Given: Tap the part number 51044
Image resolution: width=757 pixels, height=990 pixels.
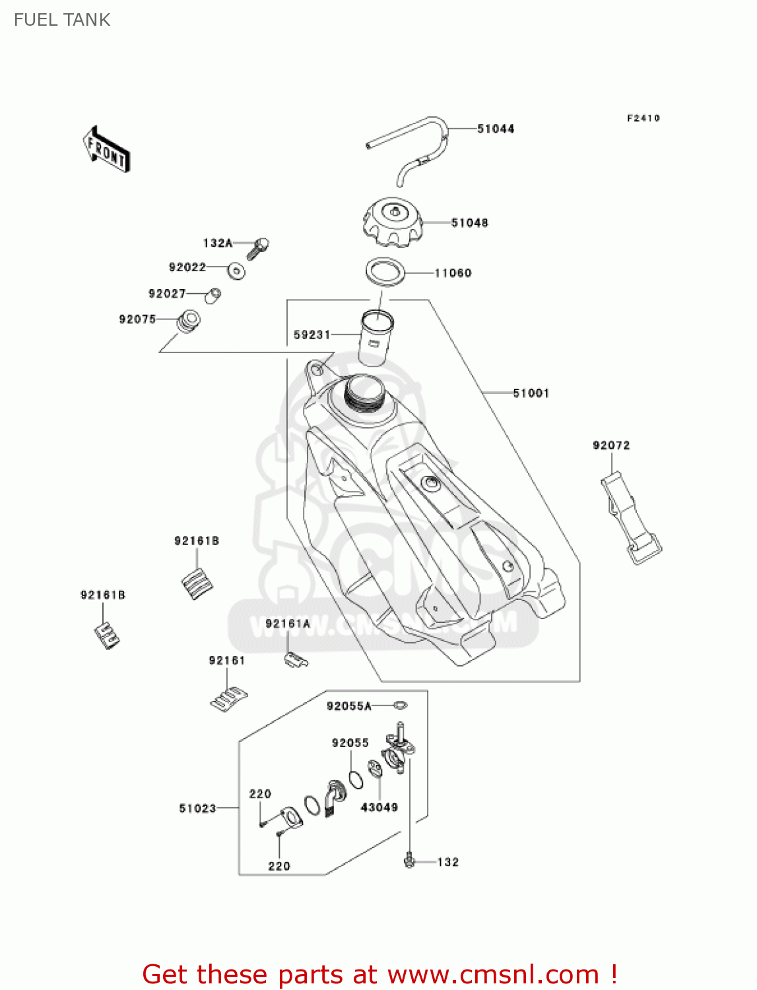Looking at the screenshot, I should [x=496, y=129].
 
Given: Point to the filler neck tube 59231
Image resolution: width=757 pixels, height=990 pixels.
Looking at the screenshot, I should [x=376, y=337].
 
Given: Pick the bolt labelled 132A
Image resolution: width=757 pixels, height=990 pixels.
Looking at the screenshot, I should [x=258, y=247].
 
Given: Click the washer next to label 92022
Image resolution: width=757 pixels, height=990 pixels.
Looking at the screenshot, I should [x=236, y=271].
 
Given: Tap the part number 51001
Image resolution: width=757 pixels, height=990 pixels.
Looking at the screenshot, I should [x=531, y=393].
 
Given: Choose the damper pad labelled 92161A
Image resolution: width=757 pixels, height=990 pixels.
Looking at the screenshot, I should [x=295, y=659].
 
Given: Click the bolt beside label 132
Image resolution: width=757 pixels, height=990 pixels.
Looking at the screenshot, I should [x=409, y=860].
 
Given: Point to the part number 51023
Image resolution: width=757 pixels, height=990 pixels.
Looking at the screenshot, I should [x=197, y=808].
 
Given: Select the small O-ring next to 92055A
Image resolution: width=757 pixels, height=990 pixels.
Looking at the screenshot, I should [x=400, y=706].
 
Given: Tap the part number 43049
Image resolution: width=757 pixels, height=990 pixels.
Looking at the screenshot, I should [x=379, y=807].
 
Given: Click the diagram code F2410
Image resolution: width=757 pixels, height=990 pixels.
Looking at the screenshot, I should [x=643, y=118].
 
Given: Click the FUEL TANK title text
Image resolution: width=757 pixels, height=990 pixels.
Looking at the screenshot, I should [x=62, y=20].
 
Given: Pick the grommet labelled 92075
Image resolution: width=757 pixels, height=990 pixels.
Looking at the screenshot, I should [x=188, y=321].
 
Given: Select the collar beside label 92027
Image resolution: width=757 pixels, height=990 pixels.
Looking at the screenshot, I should [x=213, y=295].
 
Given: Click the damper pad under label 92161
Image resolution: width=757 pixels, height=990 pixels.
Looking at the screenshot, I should [x=228, y=699].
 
